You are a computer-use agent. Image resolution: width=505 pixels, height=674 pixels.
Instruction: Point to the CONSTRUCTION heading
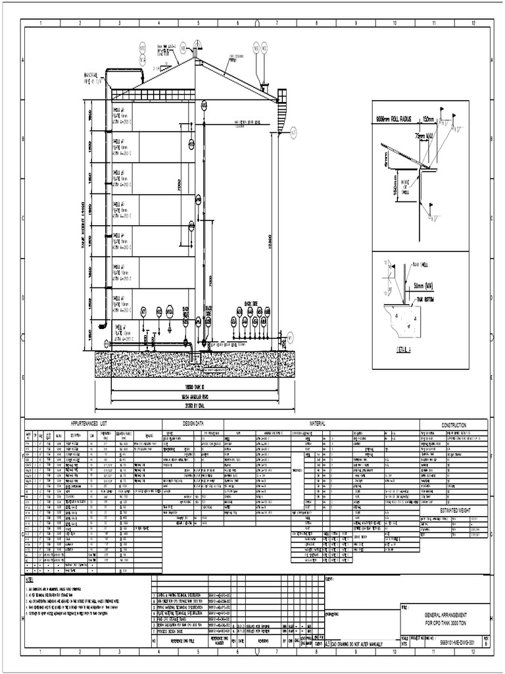454,425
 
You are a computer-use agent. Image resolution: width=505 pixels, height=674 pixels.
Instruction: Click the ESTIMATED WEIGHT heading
454,510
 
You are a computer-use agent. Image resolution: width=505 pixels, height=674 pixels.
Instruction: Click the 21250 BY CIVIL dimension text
195,407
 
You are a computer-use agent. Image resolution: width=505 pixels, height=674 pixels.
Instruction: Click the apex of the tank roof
196,58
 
